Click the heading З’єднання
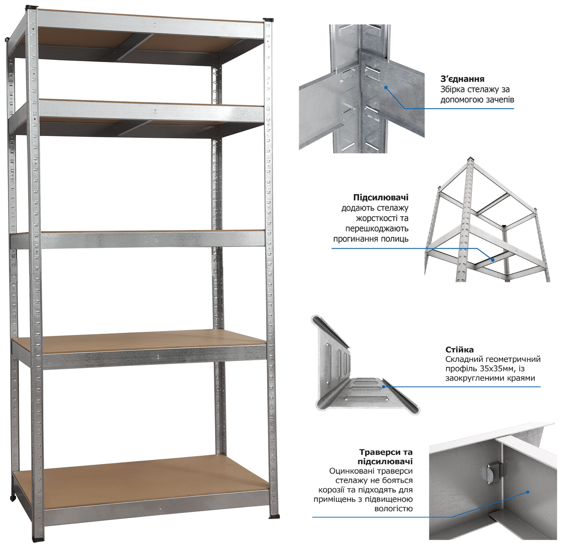462,79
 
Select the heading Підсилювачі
381,198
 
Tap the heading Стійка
460,350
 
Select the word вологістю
393,508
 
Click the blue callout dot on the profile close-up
383,387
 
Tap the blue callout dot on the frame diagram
493,260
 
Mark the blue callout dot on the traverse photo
528,492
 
